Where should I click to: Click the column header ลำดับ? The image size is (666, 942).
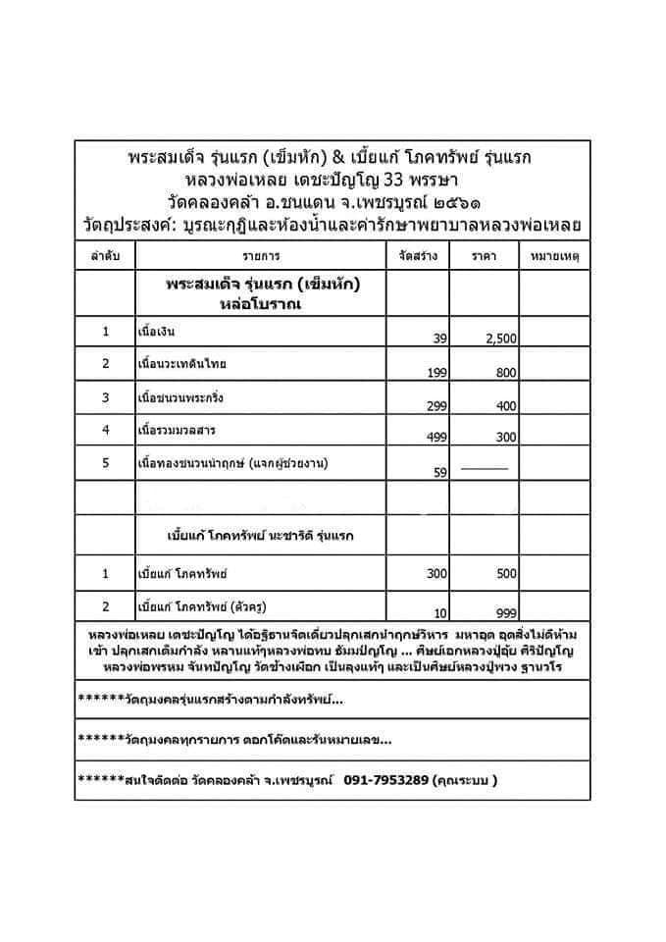coord(105,256)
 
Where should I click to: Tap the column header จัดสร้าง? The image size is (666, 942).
coord(419,256)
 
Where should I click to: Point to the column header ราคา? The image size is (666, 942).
coord(484,256)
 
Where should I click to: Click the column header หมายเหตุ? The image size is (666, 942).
coord(555,256)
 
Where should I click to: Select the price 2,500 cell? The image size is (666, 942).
coord(501,338)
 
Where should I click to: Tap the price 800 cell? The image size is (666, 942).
coord(506,373)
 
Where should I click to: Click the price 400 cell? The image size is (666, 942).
coord(506,405)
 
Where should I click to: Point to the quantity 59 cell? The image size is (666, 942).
coord(440,472)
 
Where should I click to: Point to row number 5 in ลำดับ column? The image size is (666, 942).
coord(105,464)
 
